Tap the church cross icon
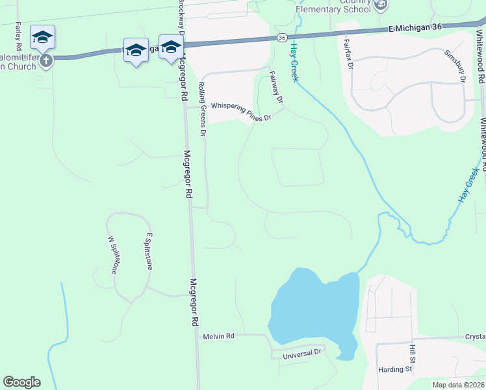(x=45, y=61)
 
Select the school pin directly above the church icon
(x=42, y=37)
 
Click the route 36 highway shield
(x=281, y=38)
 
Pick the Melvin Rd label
(x=218, y=336)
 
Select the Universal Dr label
(x=302, y=354)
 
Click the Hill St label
(x=411, y=354)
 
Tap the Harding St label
(x=395, y=370)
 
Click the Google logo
(x=21, y=382)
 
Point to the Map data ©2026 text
(x=458, y=385)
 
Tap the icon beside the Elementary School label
(x=381, y=6)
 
